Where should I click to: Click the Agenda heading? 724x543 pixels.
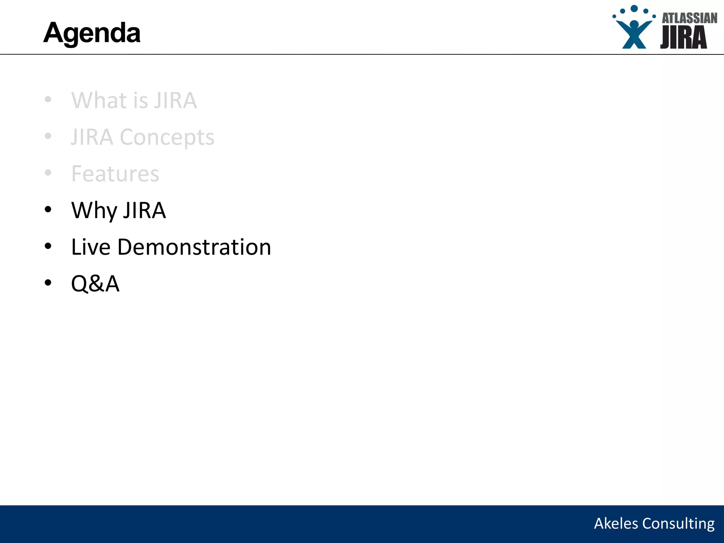coord(92,33)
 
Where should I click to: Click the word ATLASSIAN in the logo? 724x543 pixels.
coord(689,18)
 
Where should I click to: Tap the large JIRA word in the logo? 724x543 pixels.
coord(683,37)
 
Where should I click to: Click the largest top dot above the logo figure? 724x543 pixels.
coord(634,8)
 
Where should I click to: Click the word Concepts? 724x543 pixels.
coord(167,137)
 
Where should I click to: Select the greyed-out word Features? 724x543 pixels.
coord(115,174)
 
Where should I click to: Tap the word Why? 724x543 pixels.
coord(94,210)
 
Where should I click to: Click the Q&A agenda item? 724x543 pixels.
coord(95,284)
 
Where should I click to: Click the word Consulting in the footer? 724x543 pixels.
coord(678,524)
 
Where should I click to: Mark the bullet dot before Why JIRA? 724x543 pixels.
coord(48,210)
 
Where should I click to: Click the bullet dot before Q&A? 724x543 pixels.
coord(48,283)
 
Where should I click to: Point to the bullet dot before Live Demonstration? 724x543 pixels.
coord(48,246)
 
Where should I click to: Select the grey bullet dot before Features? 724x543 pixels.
coord(48,173)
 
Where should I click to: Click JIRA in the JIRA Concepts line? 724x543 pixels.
coord(92,137)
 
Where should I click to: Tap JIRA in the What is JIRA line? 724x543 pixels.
coord(175,100)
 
